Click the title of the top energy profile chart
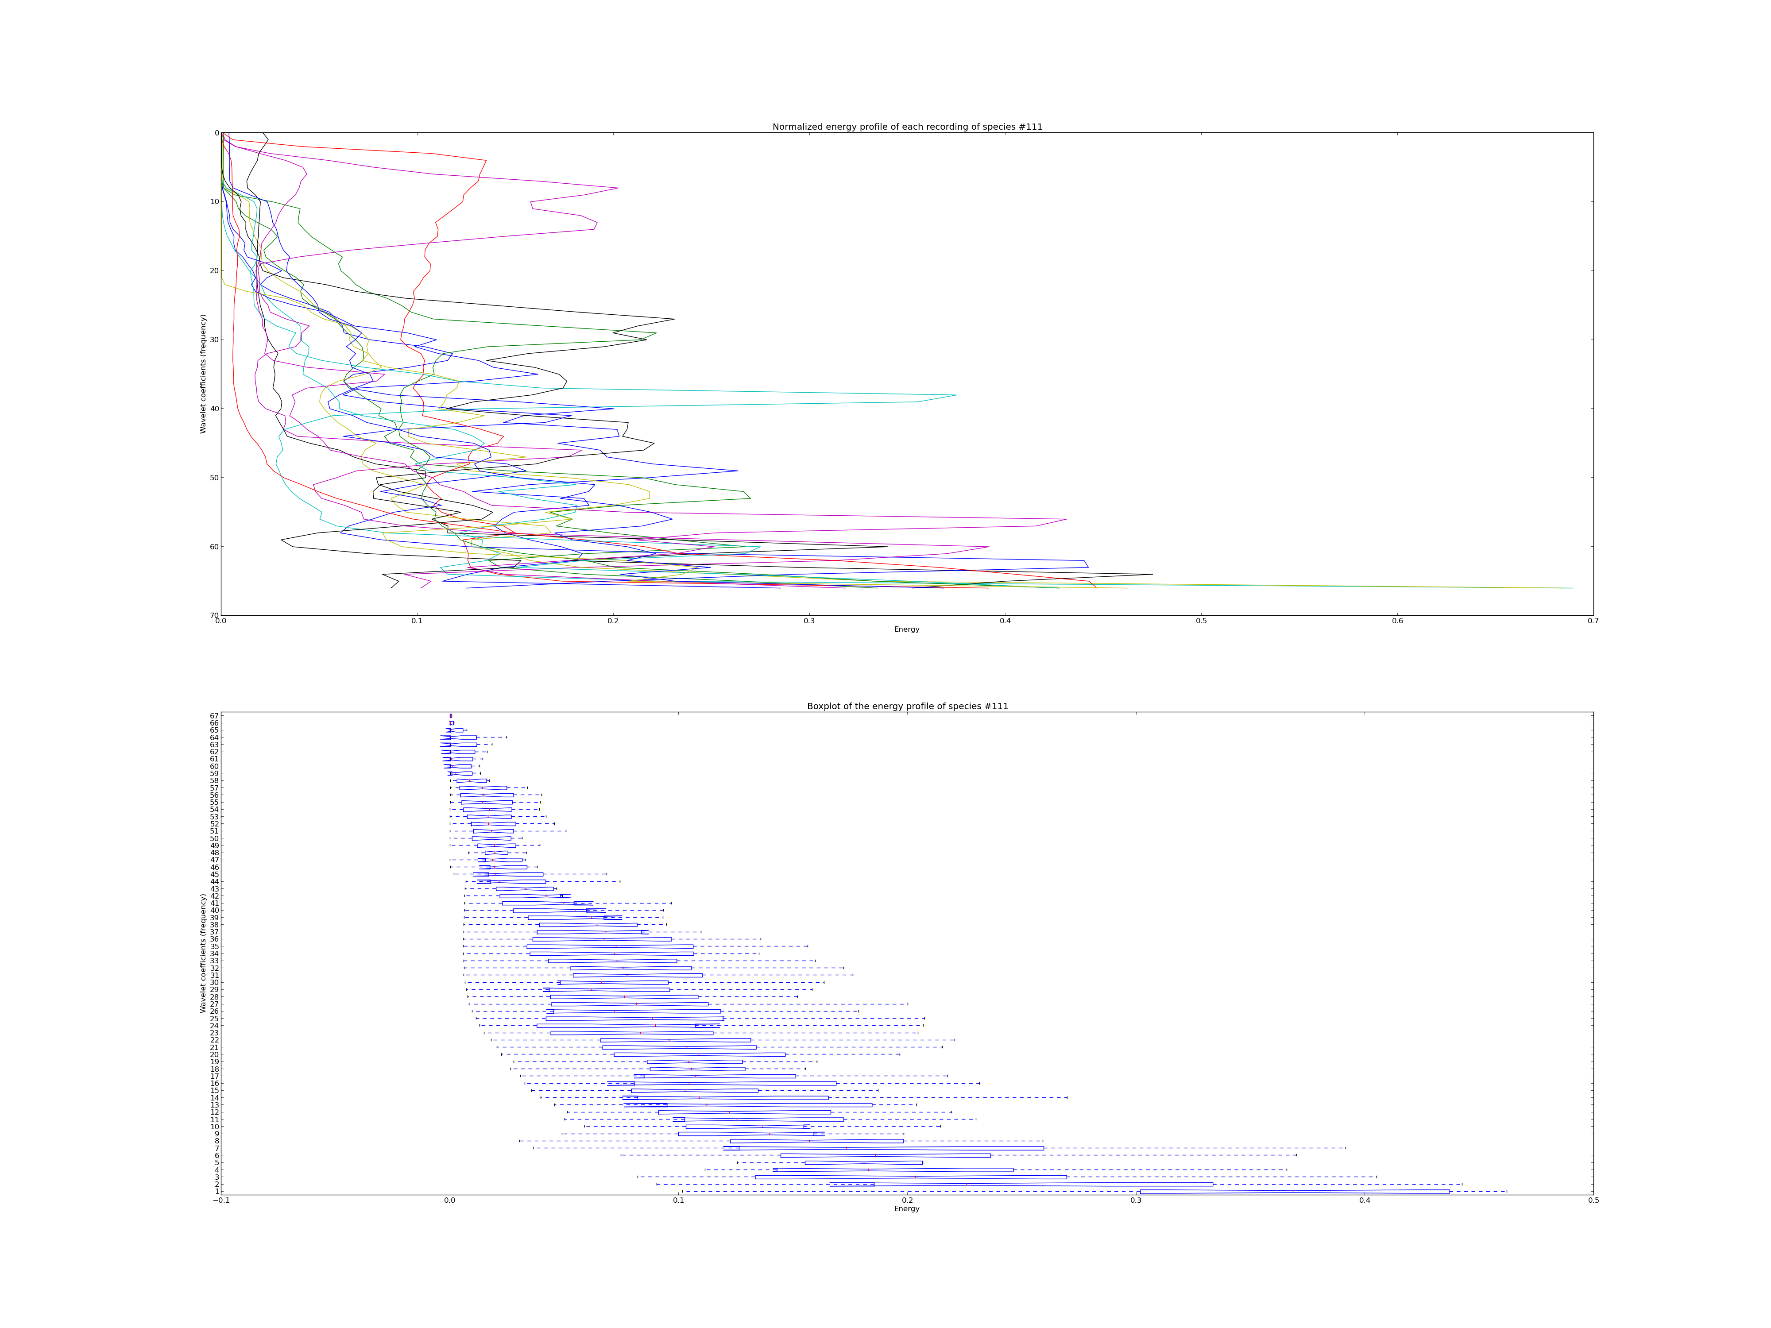point(907,127)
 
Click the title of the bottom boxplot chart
point(907,706)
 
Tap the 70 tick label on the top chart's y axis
point(215,616)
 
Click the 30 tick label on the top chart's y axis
point(215,340)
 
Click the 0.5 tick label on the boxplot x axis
point(1593,1201)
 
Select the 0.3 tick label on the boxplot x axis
point(1135,1201)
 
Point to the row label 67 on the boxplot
point(215,716)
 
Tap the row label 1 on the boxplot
point(217,1191)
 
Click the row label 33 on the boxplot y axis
point(215,961)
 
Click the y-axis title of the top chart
point(203,374)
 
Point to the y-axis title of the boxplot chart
point(203,954)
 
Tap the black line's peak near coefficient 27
point(674,320)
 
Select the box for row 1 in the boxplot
point(1295,1191)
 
